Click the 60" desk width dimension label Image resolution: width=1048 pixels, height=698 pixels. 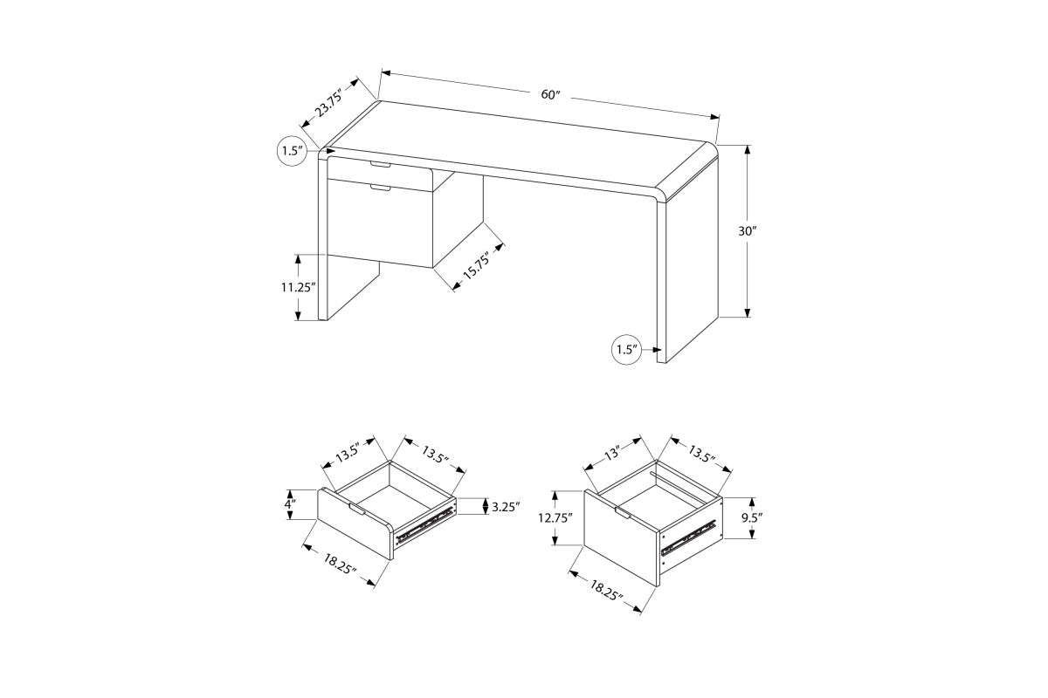(550, 94)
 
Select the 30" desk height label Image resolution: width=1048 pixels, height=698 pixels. (748, 231)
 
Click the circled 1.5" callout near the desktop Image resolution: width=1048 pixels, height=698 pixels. (293, 151)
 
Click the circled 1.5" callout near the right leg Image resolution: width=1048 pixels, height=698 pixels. (627, 349)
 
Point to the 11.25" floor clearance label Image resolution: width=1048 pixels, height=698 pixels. (299, 287)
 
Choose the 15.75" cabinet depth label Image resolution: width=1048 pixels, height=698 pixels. (476, 265)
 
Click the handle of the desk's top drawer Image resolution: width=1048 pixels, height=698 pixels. (381, 164)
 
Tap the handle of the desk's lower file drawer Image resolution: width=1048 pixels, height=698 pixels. (381, 188)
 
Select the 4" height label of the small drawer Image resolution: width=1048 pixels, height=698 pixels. (291, 504)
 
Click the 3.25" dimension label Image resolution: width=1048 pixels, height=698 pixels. (506, 507)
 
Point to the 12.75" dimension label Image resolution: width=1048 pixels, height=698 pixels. (555, 518)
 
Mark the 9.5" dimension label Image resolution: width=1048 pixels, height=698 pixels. (752, 517)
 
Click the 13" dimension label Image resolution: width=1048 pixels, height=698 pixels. (612, 452)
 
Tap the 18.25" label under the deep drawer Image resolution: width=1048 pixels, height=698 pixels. (606, 591)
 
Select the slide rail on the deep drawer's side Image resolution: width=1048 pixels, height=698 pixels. (689, 537)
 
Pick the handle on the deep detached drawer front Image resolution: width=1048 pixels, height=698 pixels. (623, 513)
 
